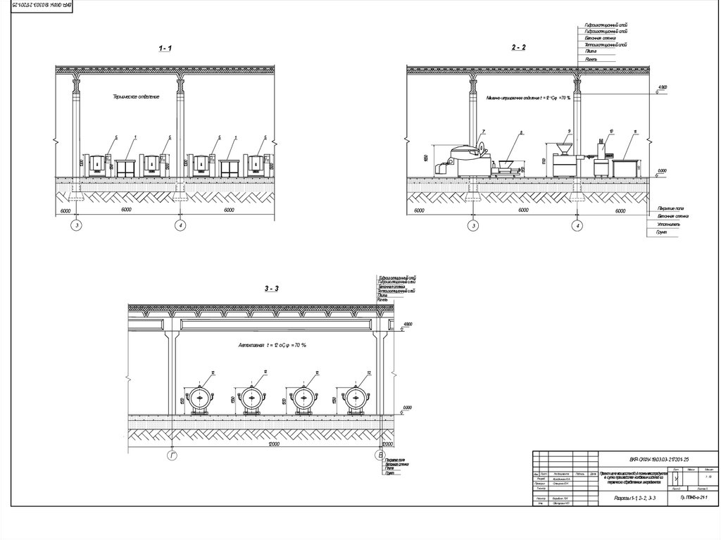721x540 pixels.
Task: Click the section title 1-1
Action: [165, 48]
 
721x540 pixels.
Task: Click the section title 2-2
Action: [519, 48]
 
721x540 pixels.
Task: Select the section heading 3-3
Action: [272, 289]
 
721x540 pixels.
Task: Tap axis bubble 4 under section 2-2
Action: [578, 225]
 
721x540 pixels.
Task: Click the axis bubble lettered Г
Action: [173, 457]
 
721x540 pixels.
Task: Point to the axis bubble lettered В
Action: [380, 457]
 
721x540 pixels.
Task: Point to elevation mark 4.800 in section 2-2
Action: [662, 87]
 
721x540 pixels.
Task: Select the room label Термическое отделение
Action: [136, 96]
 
